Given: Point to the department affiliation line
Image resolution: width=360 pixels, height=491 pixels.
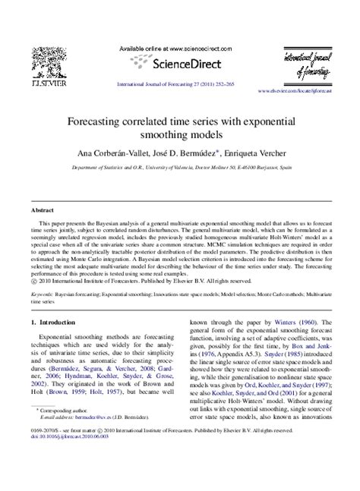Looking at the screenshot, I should (180, 172).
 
